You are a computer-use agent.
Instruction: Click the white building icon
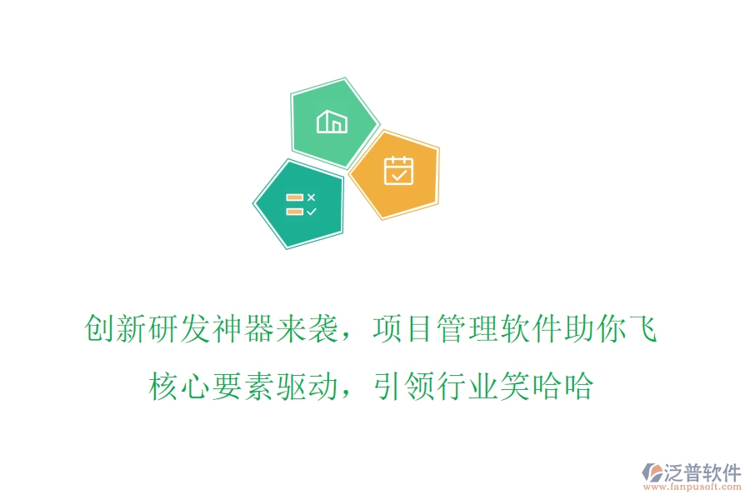click(x=332, y=122)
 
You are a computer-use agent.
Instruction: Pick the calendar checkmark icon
click(x=398, y=170)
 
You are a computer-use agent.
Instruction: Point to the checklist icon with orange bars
click(x=300, y=204)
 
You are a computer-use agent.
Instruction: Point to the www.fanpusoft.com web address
click(x=694, y=487)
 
